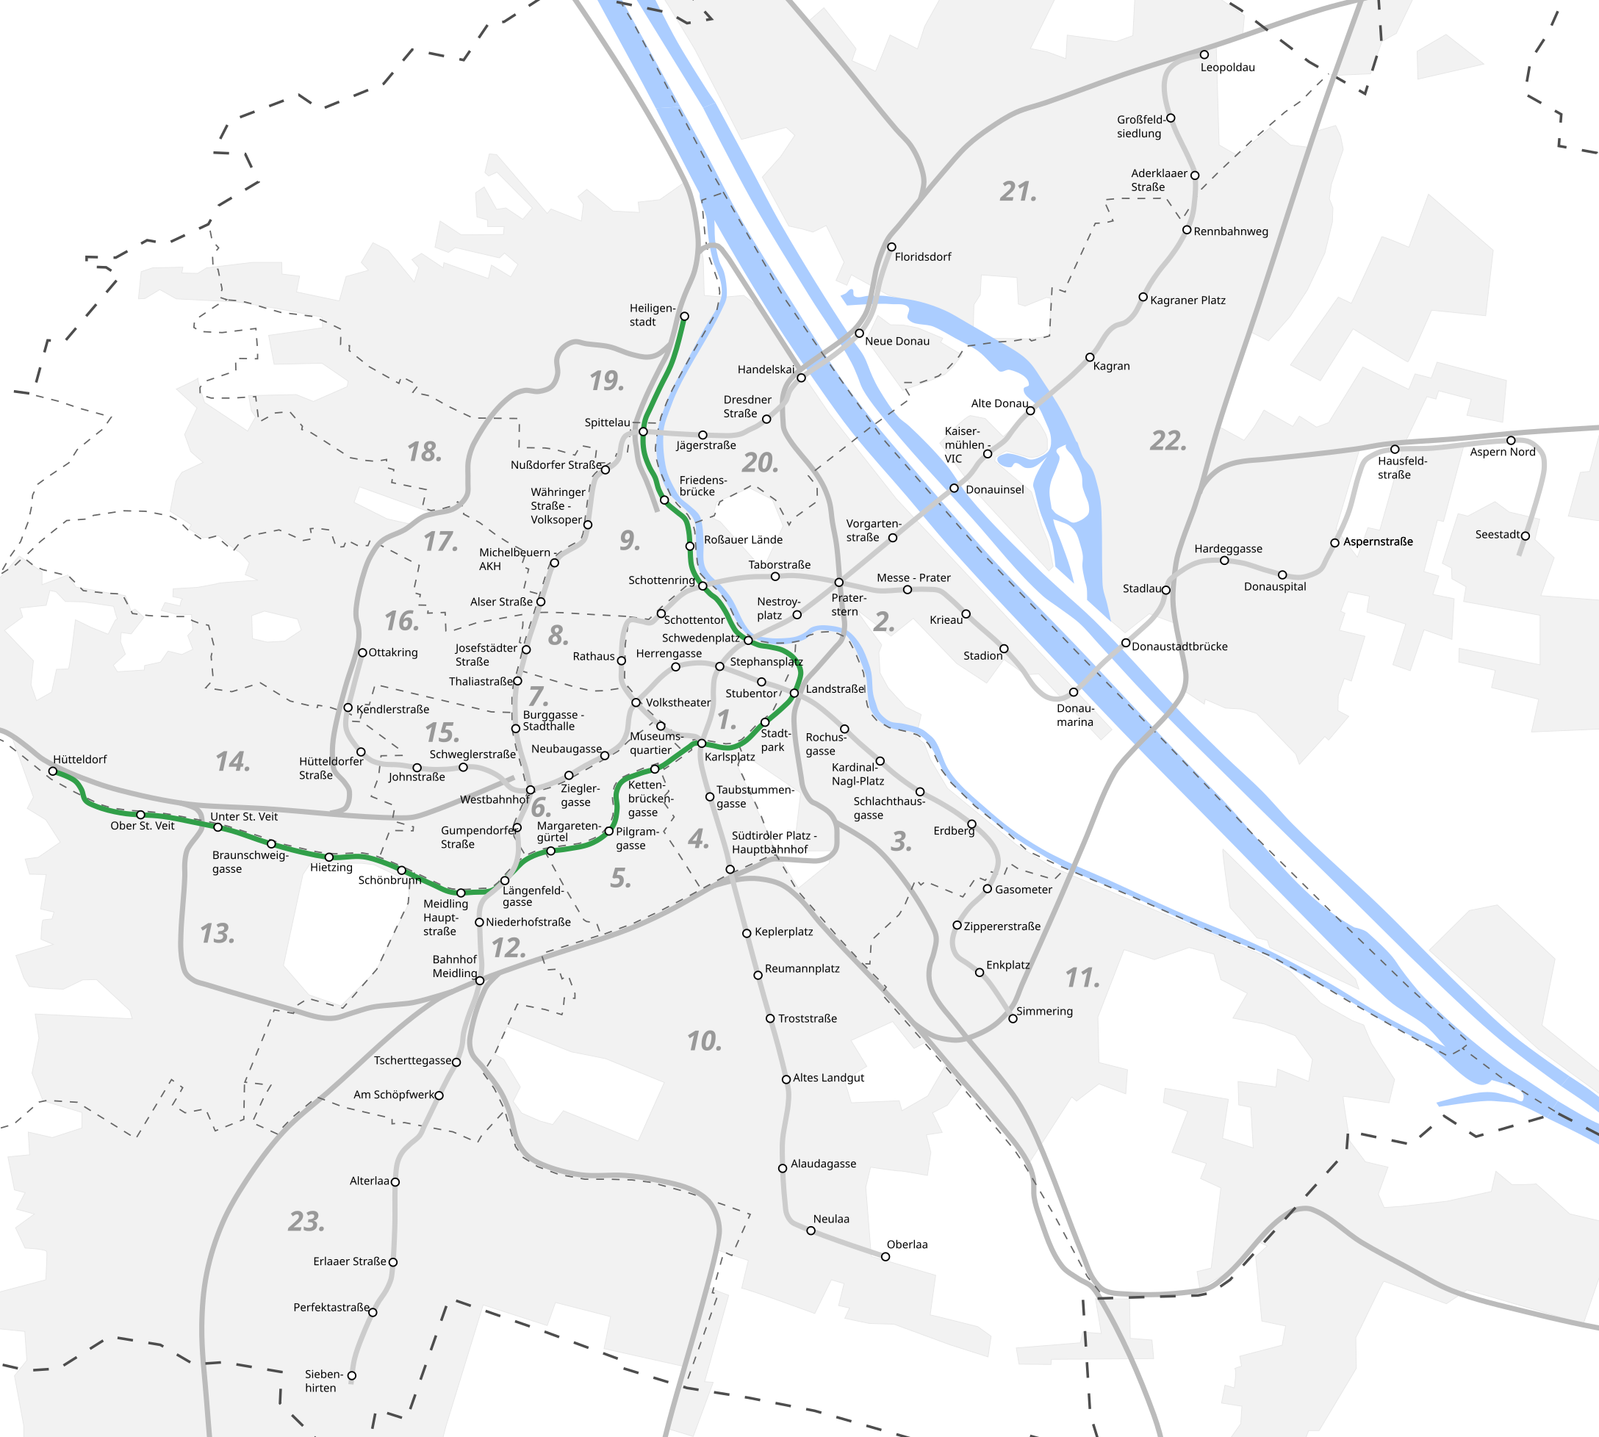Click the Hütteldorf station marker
click(53, 771)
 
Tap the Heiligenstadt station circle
click(685, 317)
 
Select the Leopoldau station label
click(1227, 68)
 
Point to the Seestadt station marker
click(1525, 536)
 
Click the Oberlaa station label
click(907, 1245)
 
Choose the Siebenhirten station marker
click(352, 1375)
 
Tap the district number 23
click(306, 1222)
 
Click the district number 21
click(1018, 192)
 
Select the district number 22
click(1168, 441)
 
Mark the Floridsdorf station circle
click(891, 247)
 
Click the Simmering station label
click(1044, 1012)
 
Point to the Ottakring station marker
click(362, 653)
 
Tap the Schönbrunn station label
click(389, 880)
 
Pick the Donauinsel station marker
click(954, 489)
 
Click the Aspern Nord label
click(1502, 453)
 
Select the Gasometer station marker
click(987, 889)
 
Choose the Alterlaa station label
click(370, 1181)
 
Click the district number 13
click(218, 934)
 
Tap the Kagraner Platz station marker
click(1143, 298)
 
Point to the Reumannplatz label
click(802, 969)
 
